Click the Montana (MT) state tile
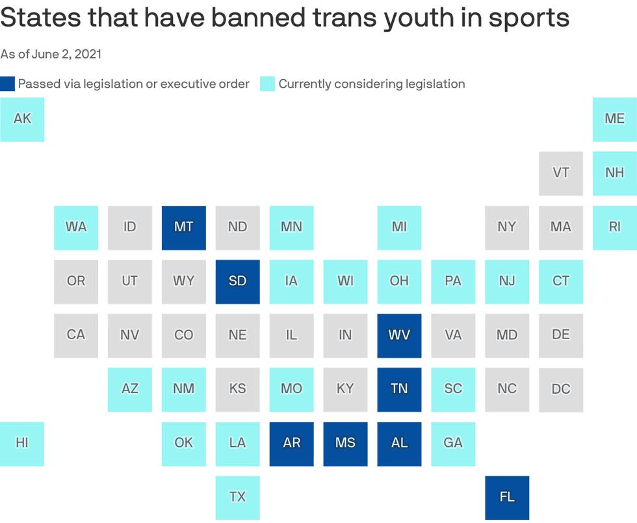tap(184, 227)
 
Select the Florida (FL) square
tap(507, 498)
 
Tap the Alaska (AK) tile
tap(22, 119)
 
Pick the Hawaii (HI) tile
tap(22, 444)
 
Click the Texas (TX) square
tap(238, 498)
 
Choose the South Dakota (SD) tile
tap(238, 281)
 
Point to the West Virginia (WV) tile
tap(399, 335)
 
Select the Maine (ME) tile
tap(614, 119)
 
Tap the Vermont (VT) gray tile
tap(561, 173)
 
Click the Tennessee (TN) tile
tap(399, 389)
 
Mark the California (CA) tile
tap(76, 335)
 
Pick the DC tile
tap(561, 389)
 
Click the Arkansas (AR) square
tap(292, 444)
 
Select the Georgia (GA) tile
tap(453, 444)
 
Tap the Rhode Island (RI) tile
tap(614, 227)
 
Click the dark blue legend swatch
tap(7, 84)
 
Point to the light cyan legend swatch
tap(267, 84)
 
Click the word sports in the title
tap(526, 18)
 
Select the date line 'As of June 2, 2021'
tap(51, 54)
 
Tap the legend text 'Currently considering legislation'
tap(372, 84)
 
